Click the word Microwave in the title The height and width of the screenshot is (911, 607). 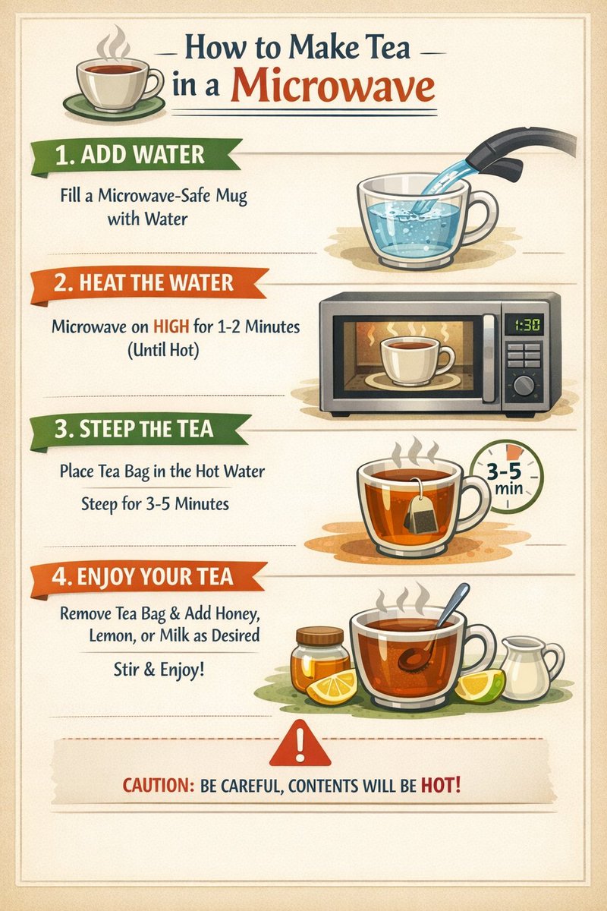(332, 87)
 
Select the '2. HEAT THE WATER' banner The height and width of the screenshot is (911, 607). (149, 284)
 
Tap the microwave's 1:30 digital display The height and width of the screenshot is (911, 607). (527, 325)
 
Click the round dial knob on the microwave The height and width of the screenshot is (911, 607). (524, 386)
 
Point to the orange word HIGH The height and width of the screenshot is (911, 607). (171, 326)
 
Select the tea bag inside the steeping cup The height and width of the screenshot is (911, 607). (420, 509)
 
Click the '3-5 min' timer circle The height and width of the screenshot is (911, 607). (507, 477)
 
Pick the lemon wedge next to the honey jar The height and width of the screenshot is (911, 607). (332, 687)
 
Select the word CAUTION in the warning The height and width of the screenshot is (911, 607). (158, 785)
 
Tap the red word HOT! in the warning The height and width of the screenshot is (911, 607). (441, 785)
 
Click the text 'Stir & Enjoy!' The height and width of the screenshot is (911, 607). (159, 670)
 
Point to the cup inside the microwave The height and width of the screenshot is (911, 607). (416, 360)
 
